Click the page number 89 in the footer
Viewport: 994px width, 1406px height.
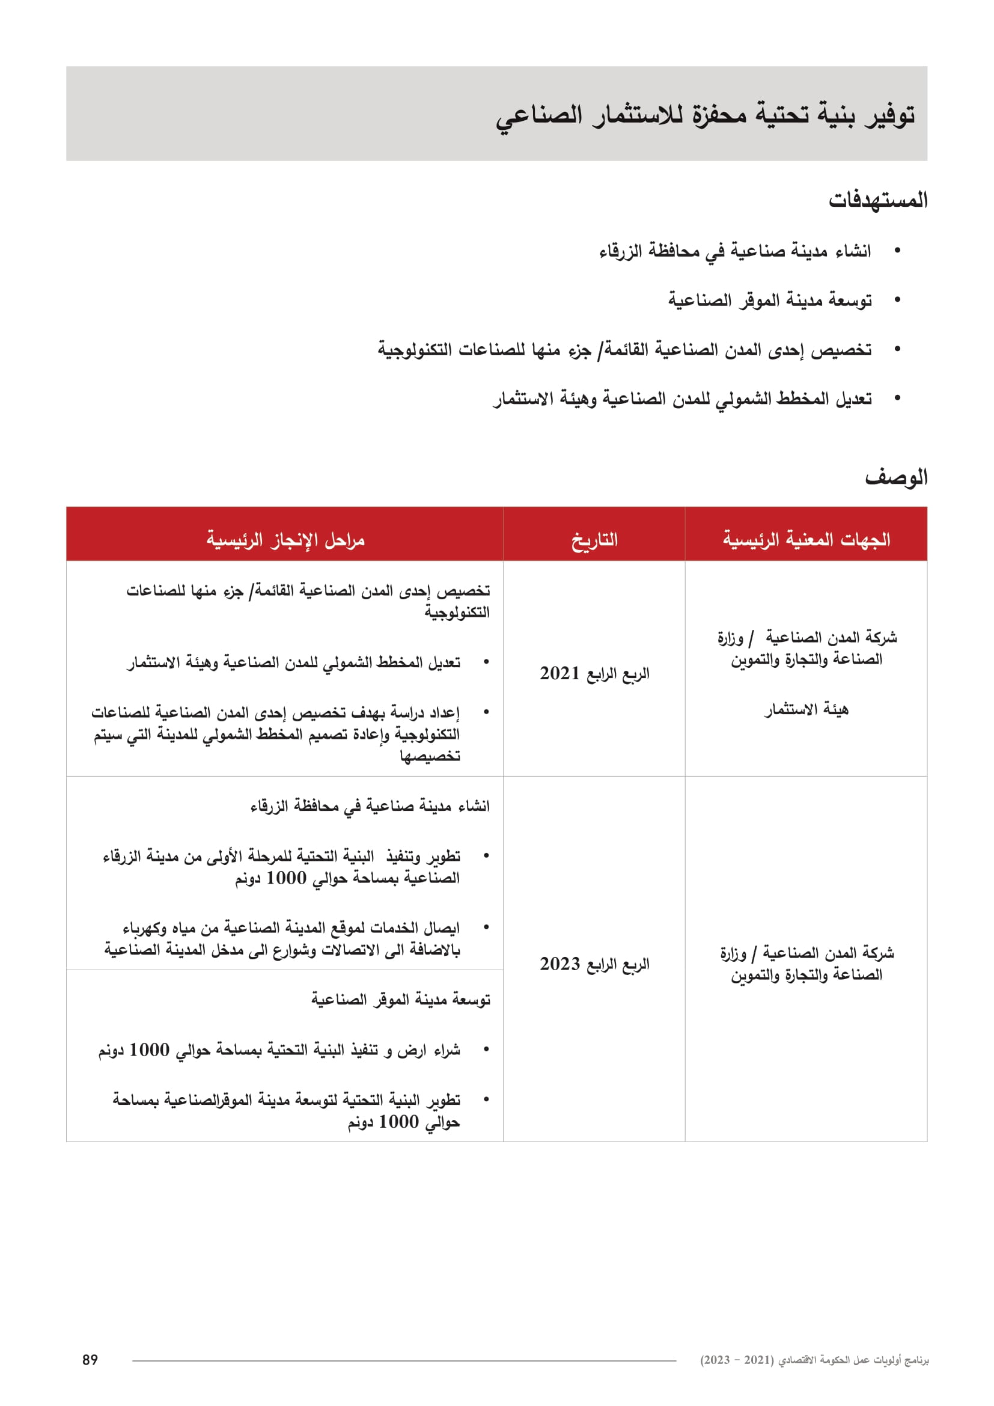click(90, 1360)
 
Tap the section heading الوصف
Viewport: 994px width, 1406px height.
click(896, 478)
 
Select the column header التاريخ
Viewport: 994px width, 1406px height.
click(594, 540)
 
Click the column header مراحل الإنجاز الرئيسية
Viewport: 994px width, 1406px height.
click(285, 540)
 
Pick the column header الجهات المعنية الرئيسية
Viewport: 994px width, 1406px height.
click(806, 540)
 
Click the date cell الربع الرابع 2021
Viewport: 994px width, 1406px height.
click(594, 674)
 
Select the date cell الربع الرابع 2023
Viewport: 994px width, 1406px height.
click(594, 964)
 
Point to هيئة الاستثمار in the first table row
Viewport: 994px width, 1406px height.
click(806, 710)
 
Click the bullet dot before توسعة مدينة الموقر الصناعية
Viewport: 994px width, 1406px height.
click(898, 300)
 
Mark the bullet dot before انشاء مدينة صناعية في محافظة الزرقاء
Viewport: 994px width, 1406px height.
click(898, 251)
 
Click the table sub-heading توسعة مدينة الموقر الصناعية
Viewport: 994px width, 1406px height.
click(400, 1000)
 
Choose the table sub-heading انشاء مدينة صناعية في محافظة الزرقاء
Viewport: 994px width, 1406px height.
click(370, 807)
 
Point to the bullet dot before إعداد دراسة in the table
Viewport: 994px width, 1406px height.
click(486, 712)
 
